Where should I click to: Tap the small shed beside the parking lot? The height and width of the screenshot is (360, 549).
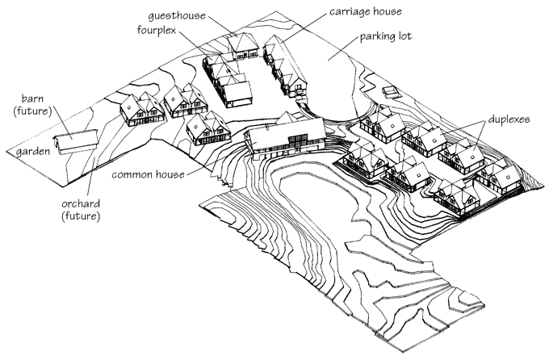pyautogui.click(x=391, y=89)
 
